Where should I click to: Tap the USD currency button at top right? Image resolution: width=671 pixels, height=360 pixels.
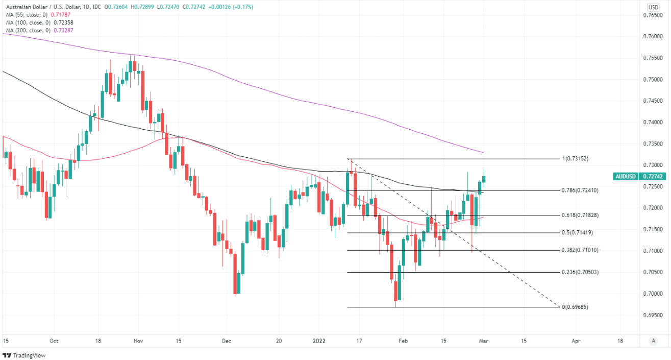pos(653,7)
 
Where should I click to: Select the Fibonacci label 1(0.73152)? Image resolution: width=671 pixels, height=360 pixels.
pos(576,159)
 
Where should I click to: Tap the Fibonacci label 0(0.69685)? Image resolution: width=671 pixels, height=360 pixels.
pos(575,307)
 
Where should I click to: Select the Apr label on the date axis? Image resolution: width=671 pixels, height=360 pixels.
pos(576,341)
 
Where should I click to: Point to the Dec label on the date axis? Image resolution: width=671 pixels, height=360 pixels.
pos(227,341)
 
